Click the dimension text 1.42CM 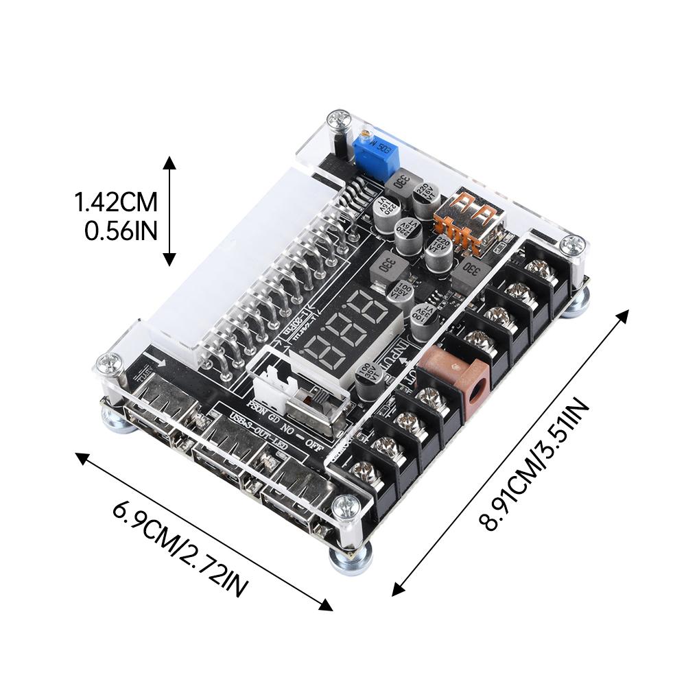click(117, 202)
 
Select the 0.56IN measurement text click(121, 230)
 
